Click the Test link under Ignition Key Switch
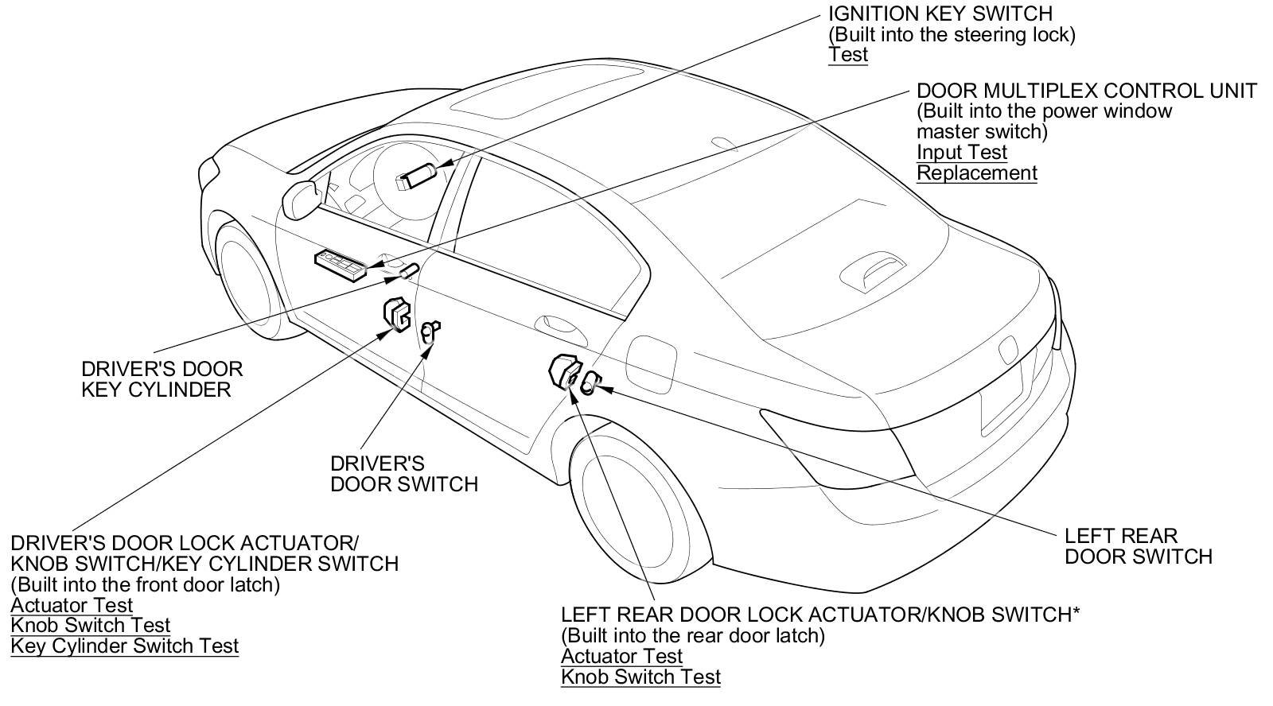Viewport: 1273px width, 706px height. click(847, 55)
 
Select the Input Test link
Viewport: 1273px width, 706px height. click(961, 153)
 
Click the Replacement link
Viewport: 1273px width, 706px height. click(976, 173)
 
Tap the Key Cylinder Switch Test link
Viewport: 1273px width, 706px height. click(125, 646)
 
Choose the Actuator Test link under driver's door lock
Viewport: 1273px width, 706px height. click(72, 605)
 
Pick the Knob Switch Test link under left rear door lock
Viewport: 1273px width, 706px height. click(640, 677)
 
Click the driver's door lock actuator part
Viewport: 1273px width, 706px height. click(396, 312)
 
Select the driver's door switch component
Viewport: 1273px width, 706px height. click(430, 329)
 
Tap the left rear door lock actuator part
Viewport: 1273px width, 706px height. click(565, 372)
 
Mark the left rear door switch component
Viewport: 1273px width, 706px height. click(590, 384)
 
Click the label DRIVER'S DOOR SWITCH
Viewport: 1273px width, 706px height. click(404, 474)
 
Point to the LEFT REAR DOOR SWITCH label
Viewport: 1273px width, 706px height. click(1138, 546)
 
